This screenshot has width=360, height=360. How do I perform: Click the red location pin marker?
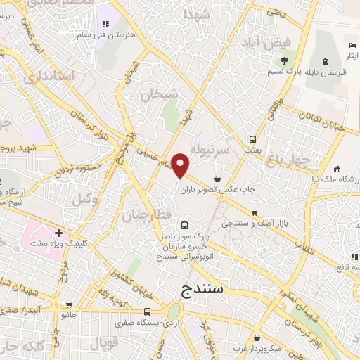181,165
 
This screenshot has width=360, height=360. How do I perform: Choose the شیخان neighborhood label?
158,94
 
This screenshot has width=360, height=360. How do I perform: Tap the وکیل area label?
84,200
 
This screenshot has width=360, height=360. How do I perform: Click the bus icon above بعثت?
252,139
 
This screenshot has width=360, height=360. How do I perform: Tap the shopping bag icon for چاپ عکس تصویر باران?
219,178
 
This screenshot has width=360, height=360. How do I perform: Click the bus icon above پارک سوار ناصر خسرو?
184,225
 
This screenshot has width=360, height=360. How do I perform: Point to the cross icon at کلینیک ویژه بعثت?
58,233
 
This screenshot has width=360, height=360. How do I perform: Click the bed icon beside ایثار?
352,46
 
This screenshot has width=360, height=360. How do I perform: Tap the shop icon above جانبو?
69,306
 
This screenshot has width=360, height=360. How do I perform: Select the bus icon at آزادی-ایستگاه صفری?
147,311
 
